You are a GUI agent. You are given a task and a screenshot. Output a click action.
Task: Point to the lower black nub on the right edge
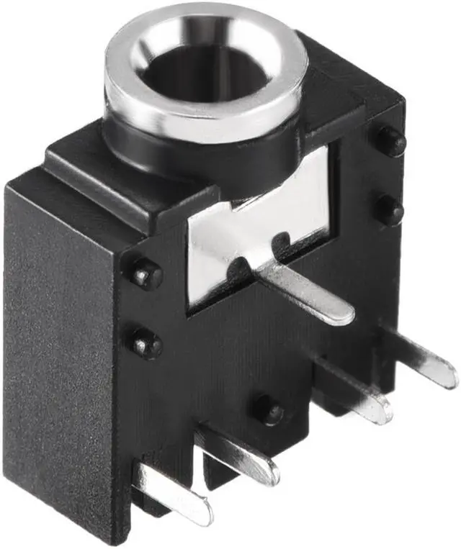[390, 209]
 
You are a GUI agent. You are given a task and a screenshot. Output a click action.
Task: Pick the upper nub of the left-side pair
[146, 274]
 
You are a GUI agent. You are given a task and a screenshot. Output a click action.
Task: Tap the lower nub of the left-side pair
[146, 344]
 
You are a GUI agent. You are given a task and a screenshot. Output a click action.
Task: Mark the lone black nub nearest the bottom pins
[268, 409]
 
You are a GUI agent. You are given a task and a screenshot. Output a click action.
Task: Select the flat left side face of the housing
[58, 345]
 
